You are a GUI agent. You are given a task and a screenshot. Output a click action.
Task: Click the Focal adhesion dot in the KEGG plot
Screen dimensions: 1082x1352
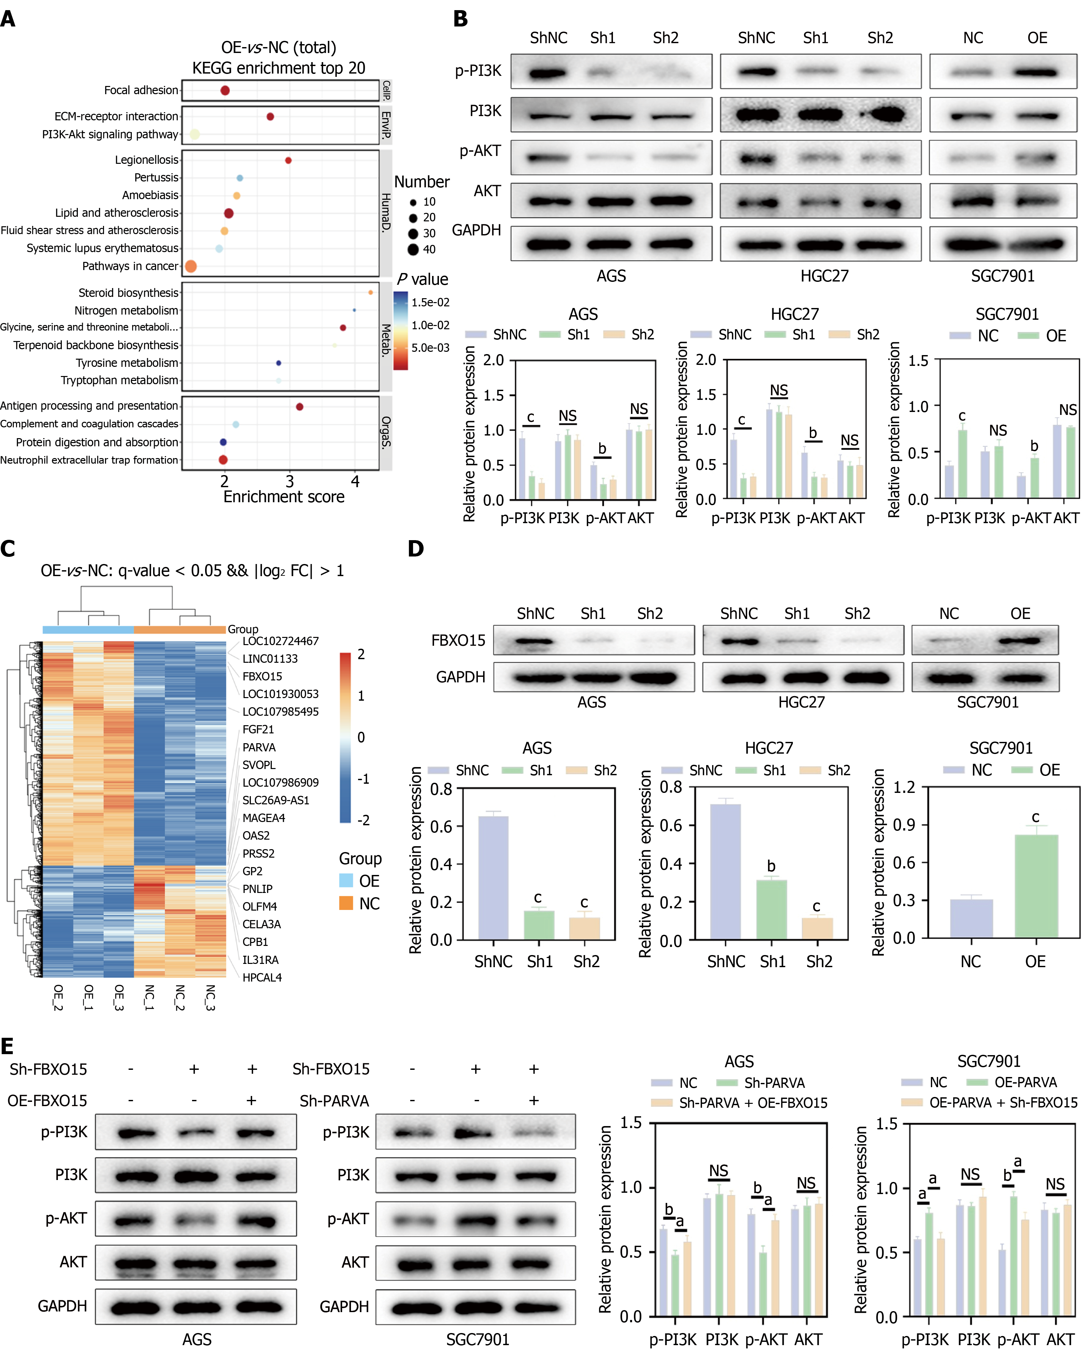(225, 90)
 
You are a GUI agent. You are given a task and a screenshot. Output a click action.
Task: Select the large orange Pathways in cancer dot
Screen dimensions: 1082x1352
(191, 266)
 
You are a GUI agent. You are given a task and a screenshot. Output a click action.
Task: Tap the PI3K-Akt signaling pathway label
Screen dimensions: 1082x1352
(111, 134)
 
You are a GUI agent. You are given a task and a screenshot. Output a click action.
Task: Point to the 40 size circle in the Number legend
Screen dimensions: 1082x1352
(413, 249)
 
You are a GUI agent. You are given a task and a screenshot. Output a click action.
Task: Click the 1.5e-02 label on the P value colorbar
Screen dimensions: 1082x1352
(430, 302)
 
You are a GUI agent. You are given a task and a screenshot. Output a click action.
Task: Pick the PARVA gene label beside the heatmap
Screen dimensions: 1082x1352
(259, 747)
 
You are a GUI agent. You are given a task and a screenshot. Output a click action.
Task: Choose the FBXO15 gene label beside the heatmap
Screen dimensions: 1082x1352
(262, 676)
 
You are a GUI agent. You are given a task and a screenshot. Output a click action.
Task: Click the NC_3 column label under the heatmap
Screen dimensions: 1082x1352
(210, 998)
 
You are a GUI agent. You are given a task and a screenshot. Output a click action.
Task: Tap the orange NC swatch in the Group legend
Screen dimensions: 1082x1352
(346, 903)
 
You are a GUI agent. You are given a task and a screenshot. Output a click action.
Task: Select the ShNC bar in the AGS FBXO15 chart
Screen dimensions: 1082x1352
(493, 878)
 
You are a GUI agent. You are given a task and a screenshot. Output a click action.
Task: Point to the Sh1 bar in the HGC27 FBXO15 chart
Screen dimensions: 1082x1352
(772, 910)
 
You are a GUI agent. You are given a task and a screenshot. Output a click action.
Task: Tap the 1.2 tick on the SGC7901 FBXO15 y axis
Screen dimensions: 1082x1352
(904, 787)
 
